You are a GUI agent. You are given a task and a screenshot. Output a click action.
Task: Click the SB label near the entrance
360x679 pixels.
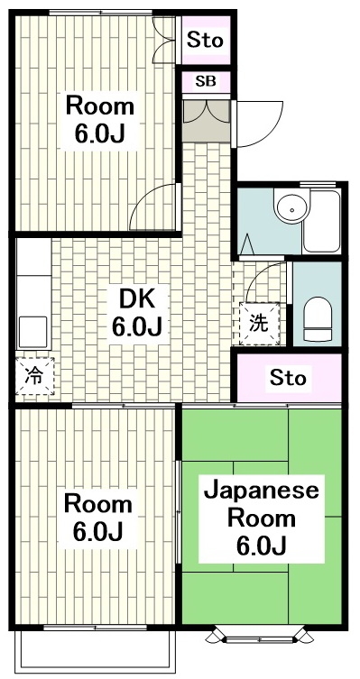206,81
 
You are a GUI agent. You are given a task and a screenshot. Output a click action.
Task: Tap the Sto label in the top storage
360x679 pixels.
206,40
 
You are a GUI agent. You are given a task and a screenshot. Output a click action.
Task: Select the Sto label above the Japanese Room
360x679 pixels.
288,377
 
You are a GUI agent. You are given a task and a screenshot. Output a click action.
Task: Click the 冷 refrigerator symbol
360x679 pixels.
32,375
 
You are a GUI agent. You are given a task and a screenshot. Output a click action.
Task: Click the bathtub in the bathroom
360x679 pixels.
321,221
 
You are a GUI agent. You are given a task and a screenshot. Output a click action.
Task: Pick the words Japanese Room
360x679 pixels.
261,505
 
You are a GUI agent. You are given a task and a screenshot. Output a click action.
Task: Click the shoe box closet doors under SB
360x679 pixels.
206,115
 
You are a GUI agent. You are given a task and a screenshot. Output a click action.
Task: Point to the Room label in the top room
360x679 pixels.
99,106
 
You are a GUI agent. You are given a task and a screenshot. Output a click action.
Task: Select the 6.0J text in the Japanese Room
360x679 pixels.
261,546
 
